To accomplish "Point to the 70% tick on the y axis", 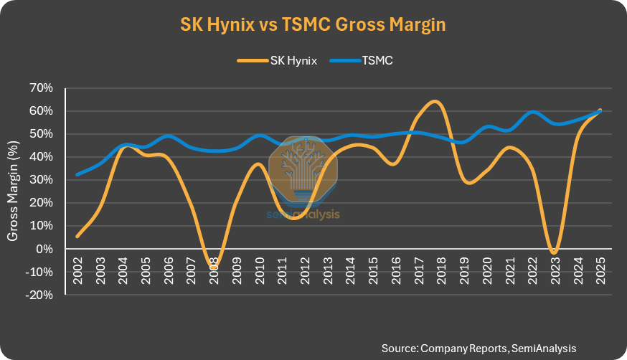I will tap(40, 88).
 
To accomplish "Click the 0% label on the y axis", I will tap(44, 249).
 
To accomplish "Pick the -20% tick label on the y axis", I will tap(39, 295).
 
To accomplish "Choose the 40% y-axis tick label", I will tap(40, 157).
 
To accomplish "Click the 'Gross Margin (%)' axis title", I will tap(13, 191).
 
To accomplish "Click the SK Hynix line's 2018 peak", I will tap(435, 101).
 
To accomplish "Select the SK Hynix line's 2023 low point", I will tap(554, 252).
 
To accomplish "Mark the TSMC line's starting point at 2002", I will tap(77, 174).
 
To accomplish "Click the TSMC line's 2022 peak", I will tap(532, 112).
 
